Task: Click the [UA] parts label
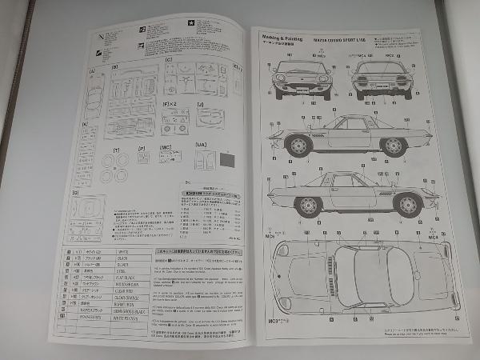click(x=201, y=144)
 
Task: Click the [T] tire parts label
click(x=117, y=150)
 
